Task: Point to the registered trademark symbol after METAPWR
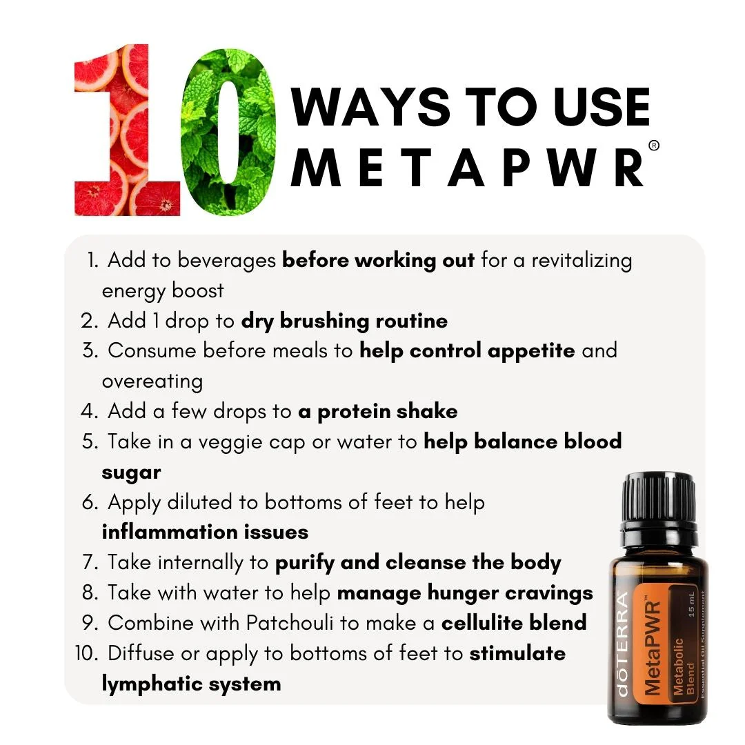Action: click(x=654, y=146)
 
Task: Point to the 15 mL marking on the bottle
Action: click(x=692, y=604)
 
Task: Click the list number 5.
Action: click(x=90, y=441)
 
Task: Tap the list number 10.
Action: click(x=86, y=653)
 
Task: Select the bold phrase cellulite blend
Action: click(x=514, y=622)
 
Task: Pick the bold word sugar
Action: click(x=132, y=473)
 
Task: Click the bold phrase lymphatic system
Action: click(x=192, y=684)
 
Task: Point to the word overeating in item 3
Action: click(x=152, y=381)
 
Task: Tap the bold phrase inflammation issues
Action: click(x=206, y=532)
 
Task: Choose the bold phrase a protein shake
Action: click(x=378, y=411)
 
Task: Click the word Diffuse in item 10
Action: click(x=141, y=653)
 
